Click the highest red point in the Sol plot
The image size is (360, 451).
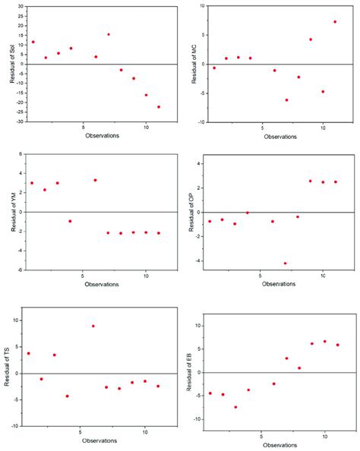coord(109,34)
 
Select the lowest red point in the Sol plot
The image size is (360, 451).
coord(159,107)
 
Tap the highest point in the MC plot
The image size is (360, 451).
coord(335,22)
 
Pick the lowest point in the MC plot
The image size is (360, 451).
coord(286,99)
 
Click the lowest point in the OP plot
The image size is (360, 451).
coord(285,263)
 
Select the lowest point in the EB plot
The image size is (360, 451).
coord(235,407)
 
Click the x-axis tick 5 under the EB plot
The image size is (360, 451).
coord(261,437)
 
